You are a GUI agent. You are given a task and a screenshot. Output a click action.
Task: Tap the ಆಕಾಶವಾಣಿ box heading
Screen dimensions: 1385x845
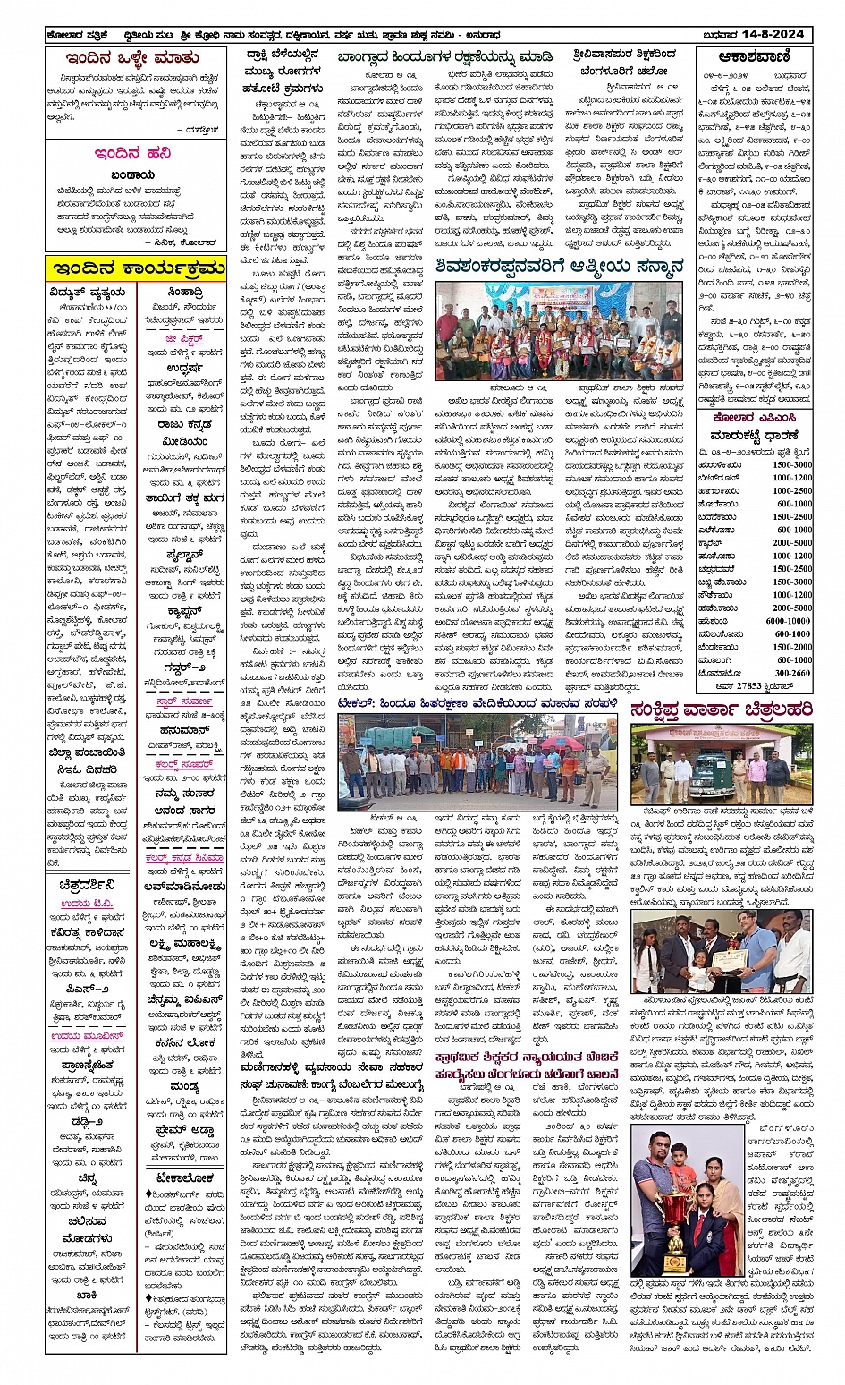point(753,56)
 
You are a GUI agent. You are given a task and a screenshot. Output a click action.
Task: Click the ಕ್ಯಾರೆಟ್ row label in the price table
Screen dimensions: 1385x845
point(711,542)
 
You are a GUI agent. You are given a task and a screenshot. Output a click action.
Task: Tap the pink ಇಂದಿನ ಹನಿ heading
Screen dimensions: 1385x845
point(133,154)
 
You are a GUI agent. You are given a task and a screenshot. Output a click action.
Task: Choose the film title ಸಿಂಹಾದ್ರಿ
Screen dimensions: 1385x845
point(184,292)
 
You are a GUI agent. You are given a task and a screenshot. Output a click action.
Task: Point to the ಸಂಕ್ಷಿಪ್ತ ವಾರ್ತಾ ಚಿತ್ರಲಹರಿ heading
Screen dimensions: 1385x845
point(721,709)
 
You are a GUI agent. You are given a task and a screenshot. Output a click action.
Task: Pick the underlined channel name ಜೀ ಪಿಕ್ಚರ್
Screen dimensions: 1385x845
point(183,340)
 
